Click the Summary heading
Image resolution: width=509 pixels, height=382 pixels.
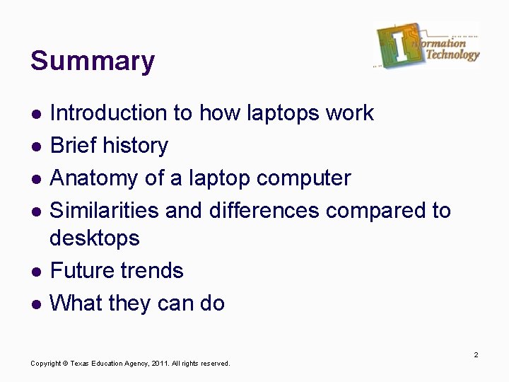tap(92, 62)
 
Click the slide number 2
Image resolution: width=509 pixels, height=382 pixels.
tap(476, 354)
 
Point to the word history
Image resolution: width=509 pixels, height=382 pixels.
tap(135, 145)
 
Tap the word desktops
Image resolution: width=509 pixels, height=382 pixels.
tap(95, 238)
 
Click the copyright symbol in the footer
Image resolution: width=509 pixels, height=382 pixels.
tap(64, 364)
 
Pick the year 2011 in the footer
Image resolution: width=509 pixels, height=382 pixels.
tap(158, 364)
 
